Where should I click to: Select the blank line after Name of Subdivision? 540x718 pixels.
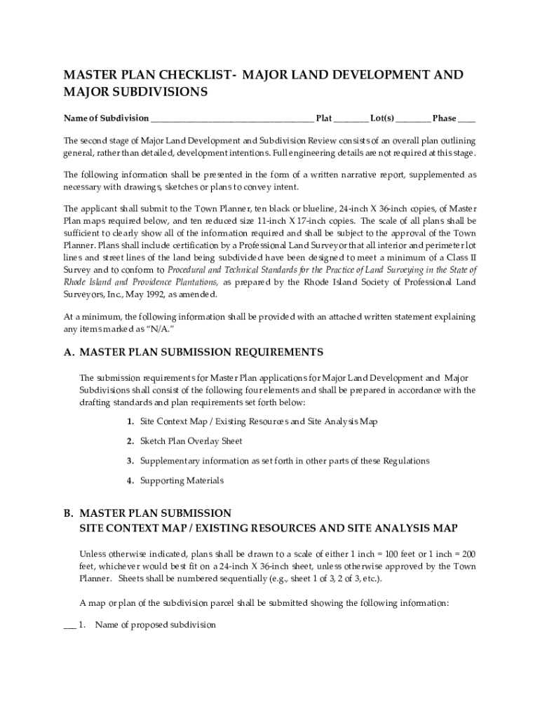pos(231,118)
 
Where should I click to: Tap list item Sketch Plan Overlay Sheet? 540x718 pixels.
pos(191,441)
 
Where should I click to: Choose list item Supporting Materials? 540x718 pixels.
pos(182,480)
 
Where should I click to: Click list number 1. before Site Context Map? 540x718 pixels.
pos(130,421)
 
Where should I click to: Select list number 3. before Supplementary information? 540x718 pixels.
pos(130,461)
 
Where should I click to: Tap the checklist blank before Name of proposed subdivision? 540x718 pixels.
pos(69,625)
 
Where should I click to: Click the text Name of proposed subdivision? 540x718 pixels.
pos(155,625)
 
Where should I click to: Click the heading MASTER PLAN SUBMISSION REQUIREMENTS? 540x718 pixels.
pos(201,352)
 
